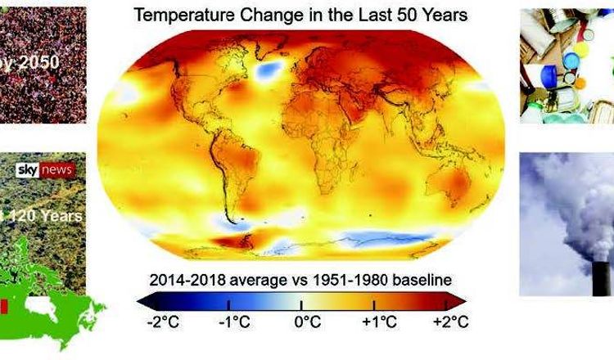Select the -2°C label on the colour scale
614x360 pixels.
[x=162, y=321]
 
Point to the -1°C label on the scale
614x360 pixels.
[x=234, y=321]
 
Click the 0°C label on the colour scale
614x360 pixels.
[x=307, y=321]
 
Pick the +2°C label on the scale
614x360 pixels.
[x=447, y=321]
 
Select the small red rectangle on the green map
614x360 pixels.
[x=5, y=307]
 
